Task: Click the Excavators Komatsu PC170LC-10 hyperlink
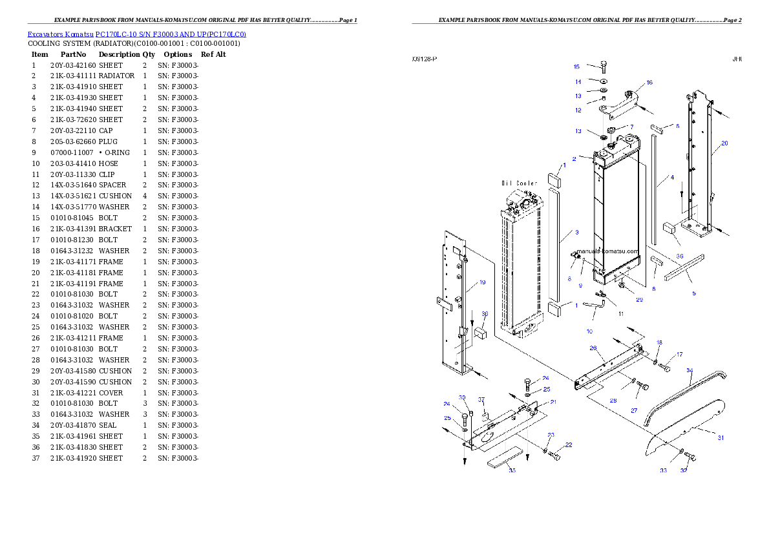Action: [x=136, y=34]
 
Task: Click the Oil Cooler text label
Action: [x=520, y=183]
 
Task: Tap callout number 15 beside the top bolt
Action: [x=577, y=67]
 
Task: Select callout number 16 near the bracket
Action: [x=649, y=82]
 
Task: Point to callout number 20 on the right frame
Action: [x=724, y=143]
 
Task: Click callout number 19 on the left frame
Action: [x=482, y=282]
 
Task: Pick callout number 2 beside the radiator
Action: [x=574, y=158]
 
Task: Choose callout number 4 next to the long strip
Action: [x=672, y=177]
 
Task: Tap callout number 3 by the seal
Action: [x=576, y=232]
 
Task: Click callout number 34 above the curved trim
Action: [x=690, y=370]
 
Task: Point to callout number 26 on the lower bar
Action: [x=593, y=348]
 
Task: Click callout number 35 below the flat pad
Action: [x=512, y=470]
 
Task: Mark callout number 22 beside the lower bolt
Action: [x=569, y=445]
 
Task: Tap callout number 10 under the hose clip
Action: [x=589, y=331]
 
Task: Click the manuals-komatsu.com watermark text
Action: [x=607, y=251]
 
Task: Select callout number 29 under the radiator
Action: [x=639, y=300]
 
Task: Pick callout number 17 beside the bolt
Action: [x=679, y=355]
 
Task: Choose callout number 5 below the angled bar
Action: [x=694, y=293]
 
